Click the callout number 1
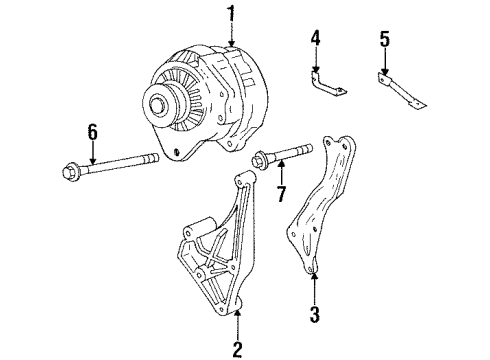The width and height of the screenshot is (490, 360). (x=232, y=13)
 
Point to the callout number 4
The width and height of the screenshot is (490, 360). (x=314, y=41)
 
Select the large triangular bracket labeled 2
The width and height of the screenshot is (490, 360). (x=215, y=250)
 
